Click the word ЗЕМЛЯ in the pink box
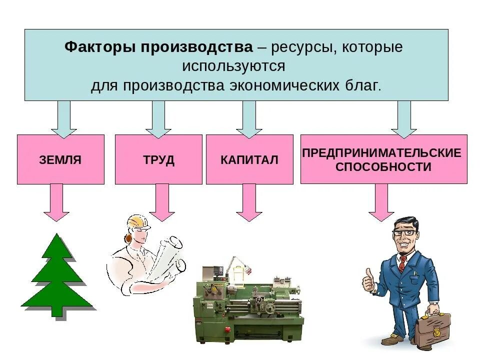click(x=60, y=160)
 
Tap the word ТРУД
click(x=158, y=160)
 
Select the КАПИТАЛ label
click(x=249, y=160)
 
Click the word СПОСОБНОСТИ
click(x=383, y=167)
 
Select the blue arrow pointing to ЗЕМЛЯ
click(x=63, y=119)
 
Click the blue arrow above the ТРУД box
click(x=158, y=119)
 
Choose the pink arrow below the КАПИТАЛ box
click(x=249, y=202)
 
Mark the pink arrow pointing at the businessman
click(x=381, y=202)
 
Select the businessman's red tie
click(x=402, y=263)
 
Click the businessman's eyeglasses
click(x=403, y=233)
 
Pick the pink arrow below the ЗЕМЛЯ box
click(x=56, y=202)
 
